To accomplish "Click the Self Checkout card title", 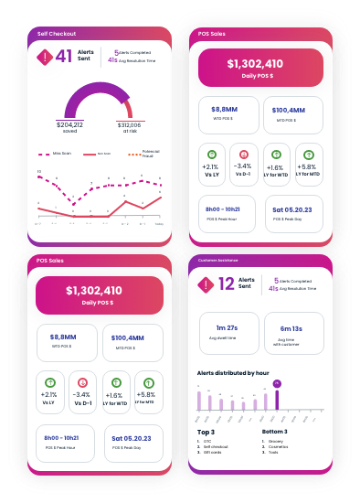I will click(x=57, y=34).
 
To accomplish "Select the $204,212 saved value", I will click(x=69, y=124).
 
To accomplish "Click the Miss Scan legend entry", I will click(x=60, y=155).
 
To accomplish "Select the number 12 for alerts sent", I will click(x=227, y=284).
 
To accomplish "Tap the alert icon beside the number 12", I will click(x=206, y=284).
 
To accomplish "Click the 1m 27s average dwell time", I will click(x=227, y=327).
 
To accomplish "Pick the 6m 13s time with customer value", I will click(x=292, y=327).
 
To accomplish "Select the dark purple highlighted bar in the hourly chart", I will click(x=277, y=399).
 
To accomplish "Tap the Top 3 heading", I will click(x=206, y=431).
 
